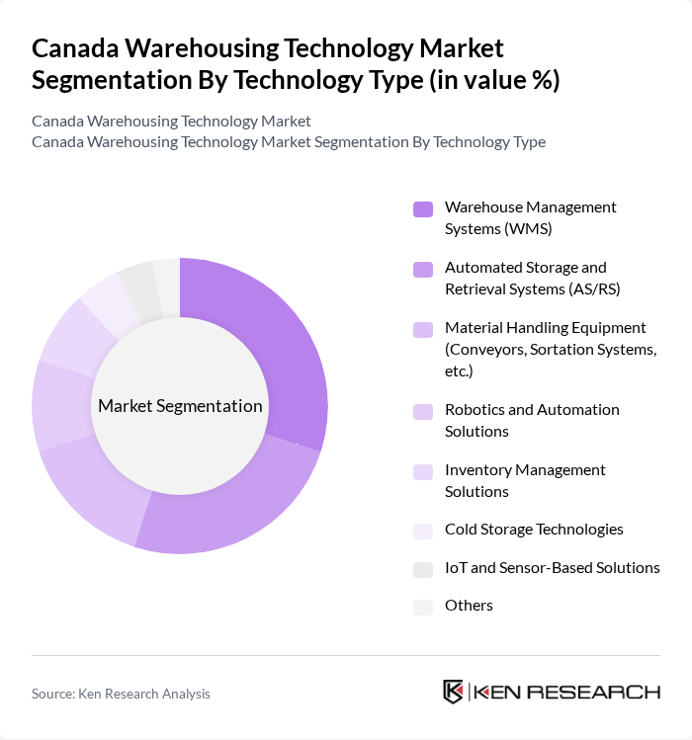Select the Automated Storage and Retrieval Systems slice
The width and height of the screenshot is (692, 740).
237,504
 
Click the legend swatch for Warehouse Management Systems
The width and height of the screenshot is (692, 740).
423,208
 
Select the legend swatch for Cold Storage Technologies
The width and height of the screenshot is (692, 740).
423,531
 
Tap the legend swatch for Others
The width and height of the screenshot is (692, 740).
423,608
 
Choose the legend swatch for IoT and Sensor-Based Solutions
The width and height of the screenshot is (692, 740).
423,569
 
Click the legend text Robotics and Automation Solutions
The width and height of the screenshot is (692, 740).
532,420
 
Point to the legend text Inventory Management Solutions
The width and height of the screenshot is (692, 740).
525,480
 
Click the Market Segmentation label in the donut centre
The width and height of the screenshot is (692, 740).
180,406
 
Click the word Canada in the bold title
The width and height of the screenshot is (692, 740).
78,47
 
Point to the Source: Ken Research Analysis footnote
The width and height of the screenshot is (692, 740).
121,694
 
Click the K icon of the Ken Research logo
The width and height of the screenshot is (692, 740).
454,692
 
